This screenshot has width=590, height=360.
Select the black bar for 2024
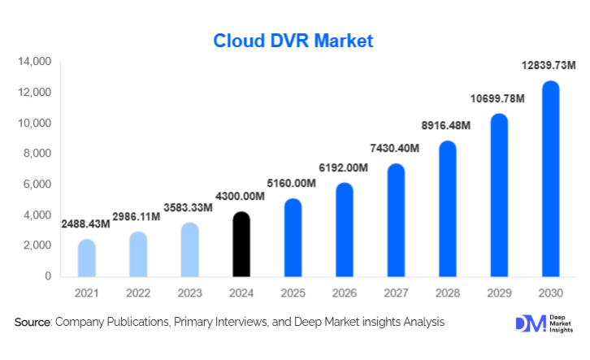242,244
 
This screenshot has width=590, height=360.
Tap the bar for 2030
550,179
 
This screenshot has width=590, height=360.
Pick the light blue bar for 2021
87,258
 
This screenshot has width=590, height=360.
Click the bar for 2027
396,219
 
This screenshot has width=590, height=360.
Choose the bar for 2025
293,237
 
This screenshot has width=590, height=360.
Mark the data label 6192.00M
345,167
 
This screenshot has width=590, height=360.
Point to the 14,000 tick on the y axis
35,62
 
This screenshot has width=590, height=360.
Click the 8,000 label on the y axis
37,154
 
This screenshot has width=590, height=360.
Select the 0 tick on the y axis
48,276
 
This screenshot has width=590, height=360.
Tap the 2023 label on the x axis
190,293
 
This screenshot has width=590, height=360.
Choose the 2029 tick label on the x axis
498,293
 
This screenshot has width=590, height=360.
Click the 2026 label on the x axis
345,293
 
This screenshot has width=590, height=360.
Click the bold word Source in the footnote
33,323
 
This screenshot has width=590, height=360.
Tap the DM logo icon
527,323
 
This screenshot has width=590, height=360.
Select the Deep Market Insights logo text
560,323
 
